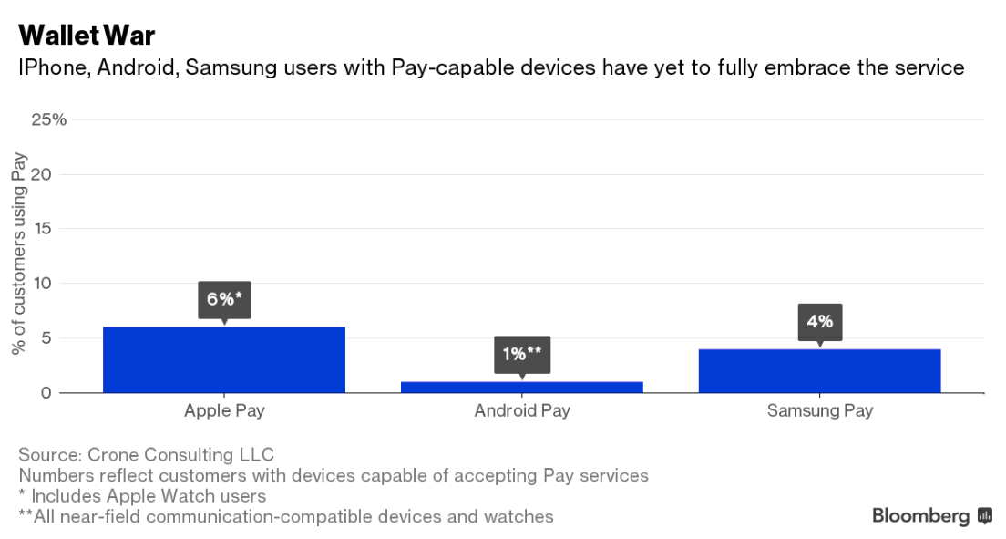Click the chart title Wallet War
coord(87,36)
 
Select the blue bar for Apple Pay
coord(224,359)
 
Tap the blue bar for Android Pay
coord(522,387)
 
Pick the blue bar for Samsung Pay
coord(819,370)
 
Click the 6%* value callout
coord(224,299)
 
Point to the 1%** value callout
coord(522,354)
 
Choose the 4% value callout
coord(819,321)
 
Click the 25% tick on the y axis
coord(48,119)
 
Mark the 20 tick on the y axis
coord(55,174)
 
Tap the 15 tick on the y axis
coord(56,229)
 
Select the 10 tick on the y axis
coord(56,284)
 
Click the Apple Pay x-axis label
coord(224,410)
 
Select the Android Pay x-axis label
coord(522,410)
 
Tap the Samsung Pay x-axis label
coord(819,410)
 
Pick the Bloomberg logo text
coord(920,516)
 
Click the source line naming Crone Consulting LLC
coord(146,454)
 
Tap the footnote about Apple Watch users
coord(142,496)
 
